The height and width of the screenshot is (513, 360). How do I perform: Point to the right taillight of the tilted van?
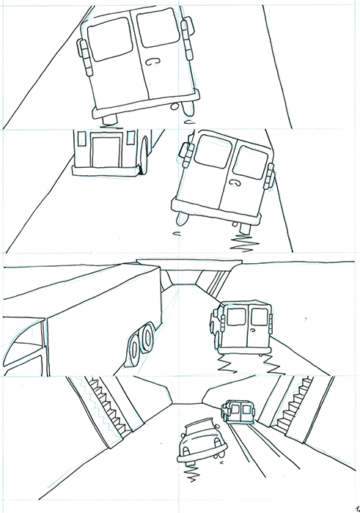pyautogui.click(x=271, y=176)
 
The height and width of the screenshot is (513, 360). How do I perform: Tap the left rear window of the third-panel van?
pyautogui.click(x=236, y=317)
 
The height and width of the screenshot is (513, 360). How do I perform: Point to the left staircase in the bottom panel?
pyautogui.click(x=109, y=406)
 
